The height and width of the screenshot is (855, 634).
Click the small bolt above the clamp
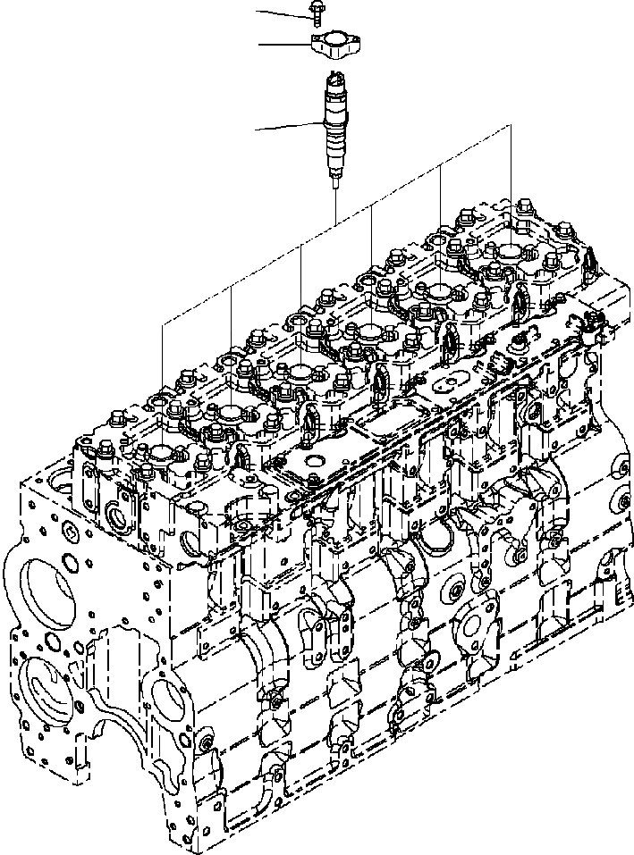click(x=317, y=12)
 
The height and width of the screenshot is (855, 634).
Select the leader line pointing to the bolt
click(x=282, y=12)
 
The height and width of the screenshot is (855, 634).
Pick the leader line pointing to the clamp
click(x=283, y=43)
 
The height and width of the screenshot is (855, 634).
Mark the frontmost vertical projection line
click(x=163, y=357)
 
